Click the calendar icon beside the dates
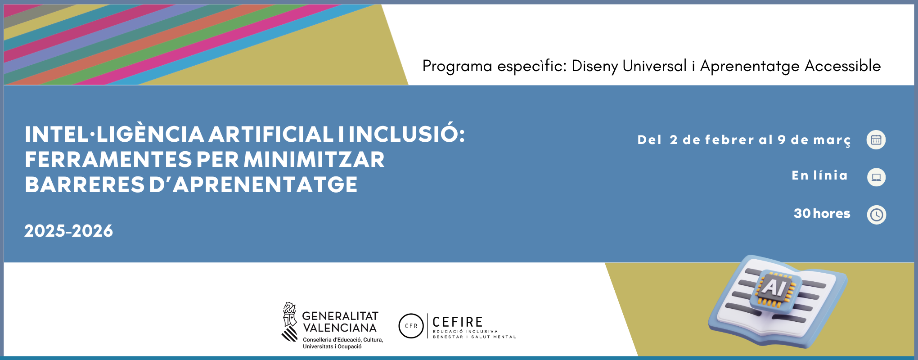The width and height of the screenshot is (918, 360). coord(876,139)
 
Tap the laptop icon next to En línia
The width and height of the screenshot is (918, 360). coord(876,177)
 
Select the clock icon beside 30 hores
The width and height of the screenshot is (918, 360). coord(876,215)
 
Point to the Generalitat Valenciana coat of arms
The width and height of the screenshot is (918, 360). coord(290,322)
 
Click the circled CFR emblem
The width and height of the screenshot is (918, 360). coord(411,326)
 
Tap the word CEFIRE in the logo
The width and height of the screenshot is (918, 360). coord(458,322)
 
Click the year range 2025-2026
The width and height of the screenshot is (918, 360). coord(69,231)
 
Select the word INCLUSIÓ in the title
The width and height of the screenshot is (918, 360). coord(407,134)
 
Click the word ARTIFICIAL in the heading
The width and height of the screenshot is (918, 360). coord(271,134)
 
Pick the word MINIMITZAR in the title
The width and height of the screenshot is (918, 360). coord(314,159)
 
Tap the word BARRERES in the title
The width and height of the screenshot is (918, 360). coord(85,184)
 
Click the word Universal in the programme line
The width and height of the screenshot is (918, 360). coord(655,66)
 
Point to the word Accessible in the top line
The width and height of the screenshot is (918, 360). coord(842,66)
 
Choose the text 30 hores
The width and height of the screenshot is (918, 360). coord(822,213)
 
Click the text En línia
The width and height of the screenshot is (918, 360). coord(819,175)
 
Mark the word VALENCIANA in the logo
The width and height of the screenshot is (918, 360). coord(340,328)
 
